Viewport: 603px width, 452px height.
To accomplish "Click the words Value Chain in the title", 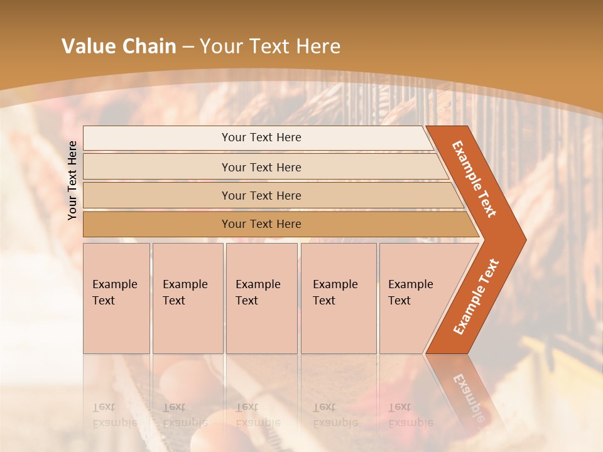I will click(x=118, y=46).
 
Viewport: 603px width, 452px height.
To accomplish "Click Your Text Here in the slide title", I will click(x=270, y=46).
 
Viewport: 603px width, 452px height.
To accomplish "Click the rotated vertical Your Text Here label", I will click(x=72, y=180).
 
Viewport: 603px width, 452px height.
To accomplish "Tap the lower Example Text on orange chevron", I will click(x=476, y=296).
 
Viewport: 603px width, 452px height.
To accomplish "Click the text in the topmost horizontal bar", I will click(x=261, y=137).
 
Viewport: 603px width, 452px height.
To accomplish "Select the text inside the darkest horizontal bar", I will click(x=261, y=224).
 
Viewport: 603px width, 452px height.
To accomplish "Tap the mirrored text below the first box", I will click(x=114, y=415).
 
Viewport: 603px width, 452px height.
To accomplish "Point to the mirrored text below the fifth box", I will click(x=410, y=415).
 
